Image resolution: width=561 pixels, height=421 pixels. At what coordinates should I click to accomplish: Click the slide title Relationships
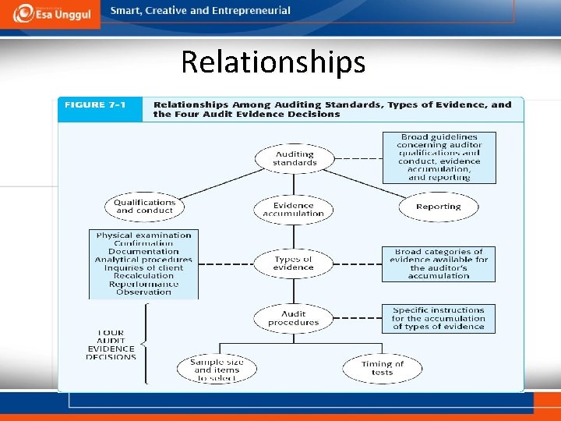click(273, 62)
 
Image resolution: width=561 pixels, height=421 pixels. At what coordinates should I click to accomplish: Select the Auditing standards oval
click(295, 158)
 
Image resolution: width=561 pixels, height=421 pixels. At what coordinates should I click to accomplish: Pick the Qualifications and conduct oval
click(144, 207)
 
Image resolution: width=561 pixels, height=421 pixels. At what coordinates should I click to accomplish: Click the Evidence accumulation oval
click(294, 209)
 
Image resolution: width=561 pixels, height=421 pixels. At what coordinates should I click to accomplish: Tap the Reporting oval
click(438, 207)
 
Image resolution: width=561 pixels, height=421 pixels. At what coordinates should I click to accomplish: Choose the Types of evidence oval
click(293, 264)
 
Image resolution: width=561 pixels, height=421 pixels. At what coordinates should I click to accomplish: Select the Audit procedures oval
click(294, 318)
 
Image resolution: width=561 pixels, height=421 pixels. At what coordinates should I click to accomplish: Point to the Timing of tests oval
click(383, 368)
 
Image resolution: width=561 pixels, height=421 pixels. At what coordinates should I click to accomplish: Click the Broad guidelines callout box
click(439, 157)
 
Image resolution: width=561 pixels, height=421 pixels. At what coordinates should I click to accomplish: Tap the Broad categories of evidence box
click(439, 264)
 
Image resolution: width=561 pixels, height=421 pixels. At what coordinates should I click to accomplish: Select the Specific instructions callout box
click(439, 318)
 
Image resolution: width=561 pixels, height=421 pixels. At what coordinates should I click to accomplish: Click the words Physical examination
click(143, 235)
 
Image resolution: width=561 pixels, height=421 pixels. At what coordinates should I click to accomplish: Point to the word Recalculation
click(143, 275)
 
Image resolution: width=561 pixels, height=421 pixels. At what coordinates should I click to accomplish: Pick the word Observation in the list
click(143, 292)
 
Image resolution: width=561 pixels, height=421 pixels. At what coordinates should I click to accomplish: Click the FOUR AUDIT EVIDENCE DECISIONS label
click(111, 345)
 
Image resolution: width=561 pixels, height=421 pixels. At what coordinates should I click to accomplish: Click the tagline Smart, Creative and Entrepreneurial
click(200, 11)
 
